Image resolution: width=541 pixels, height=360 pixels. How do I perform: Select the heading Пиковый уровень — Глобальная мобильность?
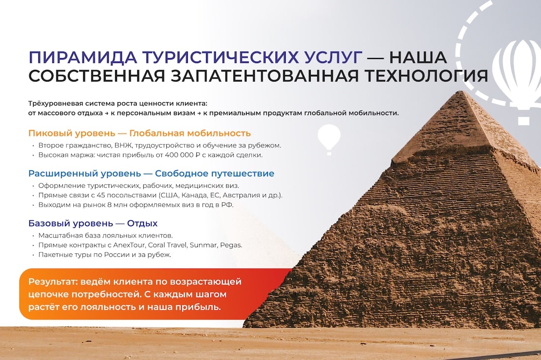(x=139, y=133)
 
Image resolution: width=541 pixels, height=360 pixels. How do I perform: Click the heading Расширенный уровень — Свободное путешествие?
(x=151, y=173)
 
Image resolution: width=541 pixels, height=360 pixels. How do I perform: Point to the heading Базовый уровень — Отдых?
(x=93, y=223)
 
